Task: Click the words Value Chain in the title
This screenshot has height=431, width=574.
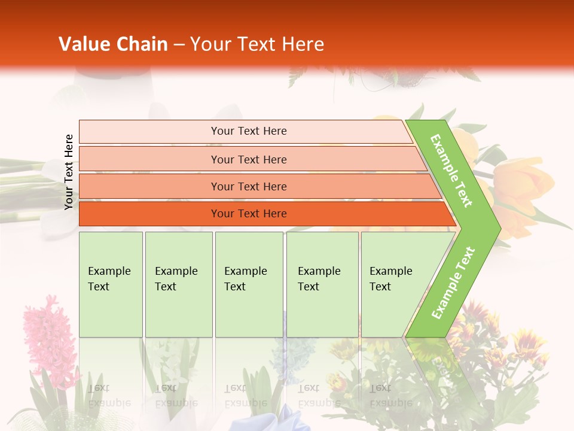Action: [113, 44]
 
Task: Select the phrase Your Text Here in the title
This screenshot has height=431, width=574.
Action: [257, 44]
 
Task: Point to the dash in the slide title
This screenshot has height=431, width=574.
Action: [179, 45]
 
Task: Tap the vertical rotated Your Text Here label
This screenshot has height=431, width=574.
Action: [69, 172]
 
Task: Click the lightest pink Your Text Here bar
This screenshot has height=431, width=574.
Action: [248, 131]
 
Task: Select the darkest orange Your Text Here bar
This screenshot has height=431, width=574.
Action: [248, 214]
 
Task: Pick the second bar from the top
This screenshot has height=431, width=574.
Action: [248, 159]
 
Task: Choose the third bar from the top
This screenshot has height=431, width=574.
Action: [248, 186]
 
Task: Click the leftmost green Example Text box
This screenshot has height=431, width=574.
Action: [111, 284]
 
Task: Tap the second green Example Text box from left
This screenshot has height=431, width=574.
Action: [178, 284]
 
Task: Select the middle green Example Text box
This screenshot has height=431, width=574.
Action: [249, 284]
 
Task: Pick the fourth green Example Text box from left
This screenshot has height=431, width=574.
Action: [322, 284]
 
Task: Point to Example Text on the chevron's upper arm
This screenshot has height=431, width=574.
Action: [451, 170]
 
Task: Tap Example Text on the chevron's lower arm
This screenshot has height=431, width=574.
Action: [453, 283]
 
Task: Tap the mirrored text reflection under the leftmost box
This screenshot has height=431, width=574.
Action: [108, 396]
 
